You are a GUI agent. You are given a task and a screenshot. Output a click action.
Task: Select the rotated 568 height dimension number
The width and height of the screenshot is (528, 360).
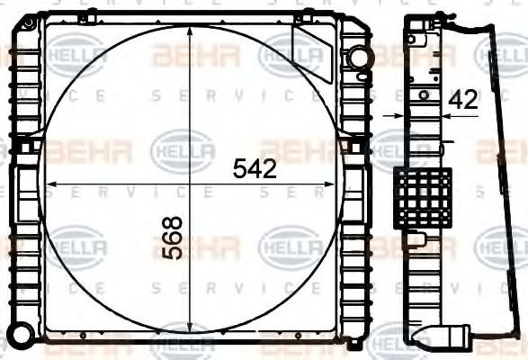[x=173, y=238]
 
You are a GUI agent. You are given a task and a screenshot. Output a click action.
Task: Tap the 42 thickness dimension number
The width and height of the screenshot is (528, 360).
[x=462, y=100]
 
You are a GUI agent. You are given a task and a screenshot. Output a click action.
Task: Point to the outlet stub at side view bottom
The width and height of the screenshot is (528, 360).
[x=455, y=337]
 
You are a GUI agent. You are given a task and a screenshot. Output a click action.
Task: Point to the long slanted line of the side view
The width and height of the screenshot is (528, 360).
[x=500, y=180]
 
